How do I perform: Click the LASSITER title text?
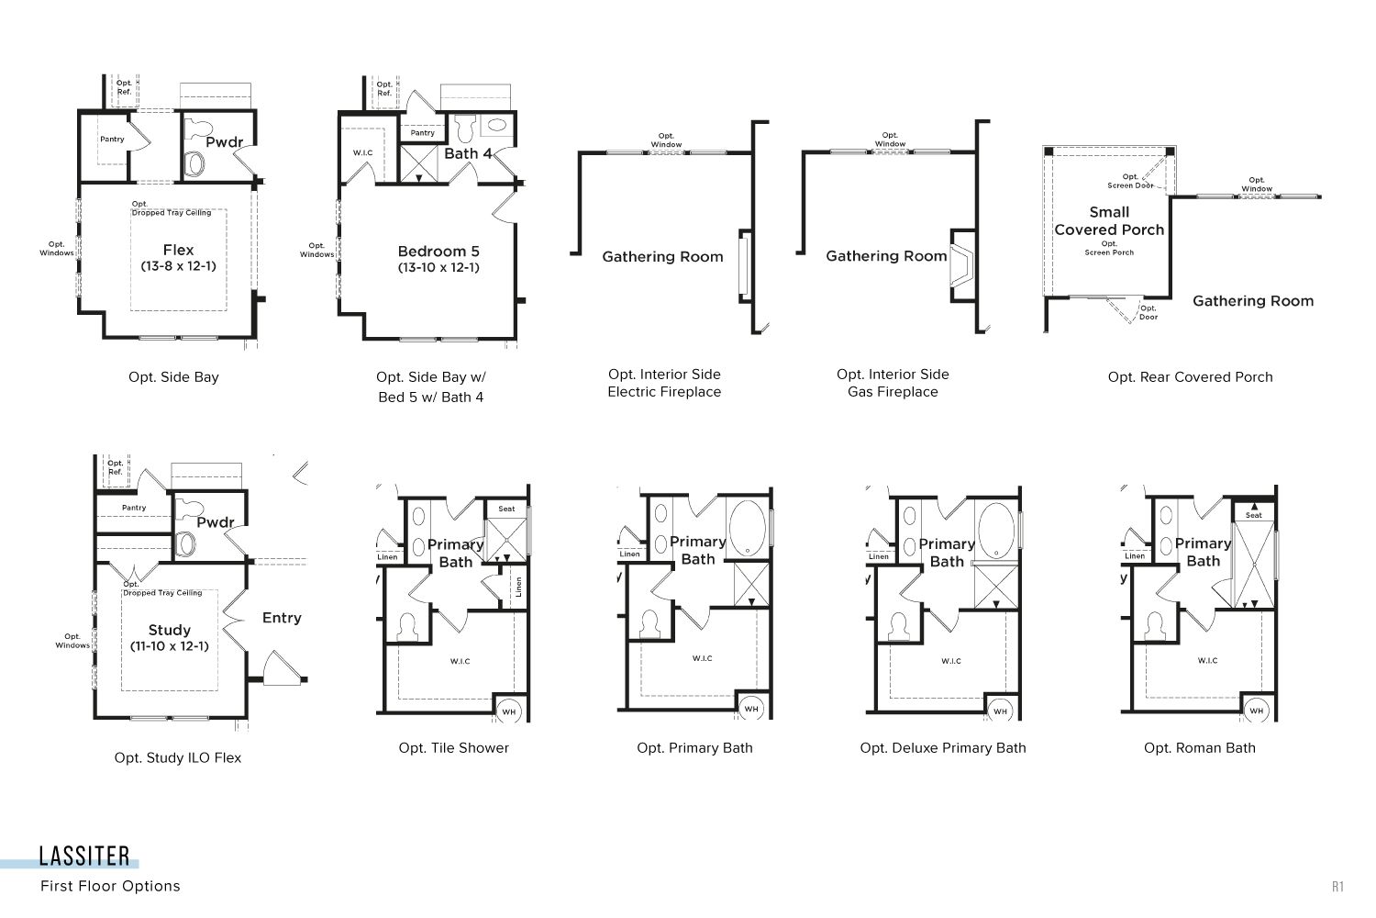[x=84, y=856]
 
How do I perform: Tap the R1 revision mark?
[x=1337, y=887]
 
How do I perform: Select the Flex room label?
[x=178, y=251]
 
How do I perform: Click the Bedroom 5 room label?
[x=438, y=252]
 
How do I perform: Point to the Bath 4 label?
[x=468, y=153]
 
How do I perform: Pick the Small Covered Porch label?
[x=1109, y=220]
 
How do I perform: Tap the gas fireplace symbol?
[x=961, y=265]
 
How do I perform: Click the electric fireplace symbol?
[x=743, y=266]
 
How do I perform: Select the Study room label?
[x=170, y=631]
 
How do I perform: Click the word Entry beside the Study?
[x=282, y=618]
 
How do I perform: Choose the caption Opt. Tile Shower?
[x=454, y=748]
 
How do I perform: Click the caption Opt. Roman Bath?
[x=1200, y=748]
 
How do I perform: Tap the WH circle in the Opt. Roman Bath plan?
[x=1256, y=711]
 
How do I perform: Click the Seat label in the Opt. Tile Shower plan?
[x=506, y=509]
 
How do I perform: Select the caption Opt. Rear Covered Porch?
[x=1191, y=377]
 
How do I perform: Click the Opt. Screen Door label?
[x=1130, y=181]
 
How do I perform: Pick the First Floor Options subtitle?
[x=111, y=886]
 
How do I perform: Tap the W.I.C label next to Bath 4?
[x=362, y=152]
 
